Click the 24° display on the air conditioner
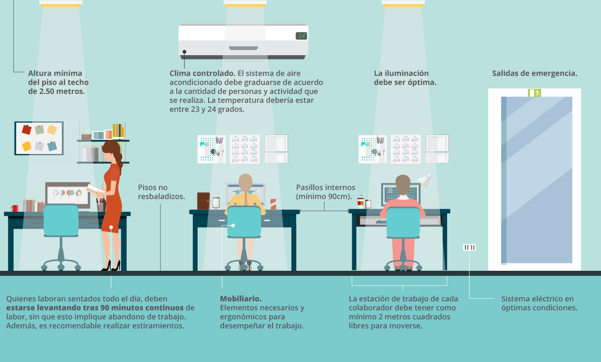click(301, 36)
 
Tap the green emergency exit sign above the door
click(535, 93)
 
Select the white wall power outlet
click(469, 247)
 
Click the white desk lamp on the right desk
click(429, 188)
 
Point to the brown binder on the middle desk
click(203, 201)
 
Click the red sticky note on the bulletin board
click(27, 130)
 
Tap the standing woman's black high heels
click(111, 266)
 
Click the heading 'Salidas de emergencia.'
click(535, 73)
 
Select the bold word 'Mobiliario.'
click(241, 299)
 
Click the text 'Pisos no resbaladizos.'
click(161, 192)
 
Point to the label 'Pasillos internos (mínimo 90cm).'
click(326, 192)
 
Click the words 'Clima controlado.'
click(203, 73)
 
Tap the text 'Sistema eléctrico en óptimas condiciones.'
click(539, 303)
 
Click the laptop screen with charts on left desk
click(68, 195)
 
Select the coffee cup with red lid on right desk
click(360, 203)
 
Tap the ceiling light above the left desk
click(61, 4)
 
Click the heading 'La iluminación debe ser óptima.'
click(405, 78)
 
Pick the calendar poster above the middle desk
click(245, 149)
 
